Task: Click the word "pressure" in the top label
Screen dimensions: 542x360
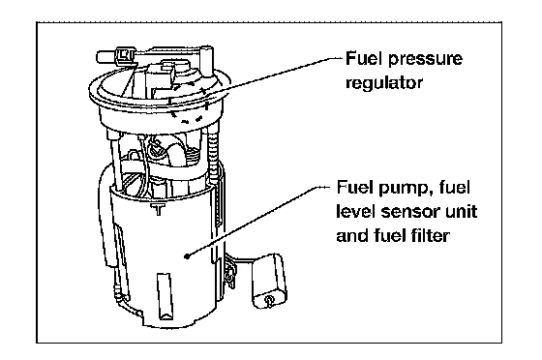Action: [425, 59]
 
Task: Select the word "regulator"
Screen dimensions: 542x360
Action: [384, 83]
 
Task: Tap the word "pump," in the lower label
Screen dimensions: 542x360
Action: [406, 189]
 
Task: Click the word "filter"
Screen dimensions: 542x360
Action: [430, 235]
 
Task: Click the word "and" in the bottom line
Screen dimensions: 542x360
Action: [353, 235]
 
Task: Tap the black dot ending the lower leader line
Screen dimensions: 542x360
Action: [188, 256]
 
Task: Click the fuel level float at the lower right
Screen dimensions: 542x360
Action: [269, 281]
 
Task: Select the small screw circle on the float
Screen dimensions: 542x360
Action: [269, 298]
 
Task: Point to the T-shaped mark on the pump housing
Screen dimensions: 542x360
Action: [158, 209]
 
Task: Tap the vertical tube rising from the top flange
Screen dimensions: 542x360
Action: [207, 62]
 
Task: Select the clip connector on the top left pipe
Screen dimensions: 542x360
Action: [125, 55]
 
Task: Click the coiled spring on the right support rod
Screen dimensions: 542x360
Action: [213, 156]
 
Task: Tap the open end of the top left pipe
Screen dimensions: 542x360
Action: [99, 57]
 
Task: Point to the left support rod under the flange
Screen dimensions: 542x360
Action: [115, 160]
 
